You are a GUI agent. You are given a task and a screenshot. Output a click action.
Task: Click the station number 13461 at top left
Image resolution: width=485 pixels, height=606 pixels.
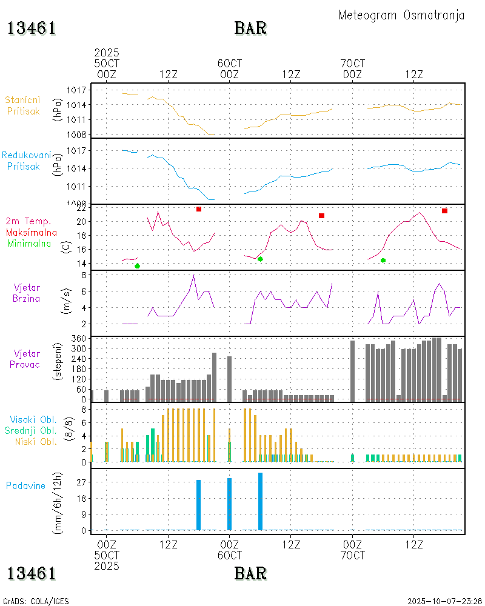click(32, 28)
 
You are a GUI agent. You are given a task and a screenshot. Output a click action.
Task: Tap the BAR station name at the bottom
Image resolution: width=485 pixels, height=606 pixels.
click(250, 573)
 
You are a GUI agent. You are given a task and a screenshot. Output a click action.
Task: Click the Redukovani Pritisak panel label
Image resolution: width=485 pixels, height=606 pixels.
click(26, 160)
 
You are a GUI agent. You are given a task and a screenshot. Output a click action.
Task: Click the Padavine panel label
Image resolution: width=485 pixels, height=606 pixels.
click(26, 485)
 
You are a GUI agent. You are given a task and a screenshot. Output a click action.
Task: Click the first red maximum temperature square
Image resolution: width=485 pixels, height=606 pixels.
click(198, 209)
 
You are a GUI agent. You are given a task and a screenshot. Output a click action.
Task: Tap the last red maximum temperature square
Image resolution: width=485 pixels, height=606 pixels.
click(444, 211)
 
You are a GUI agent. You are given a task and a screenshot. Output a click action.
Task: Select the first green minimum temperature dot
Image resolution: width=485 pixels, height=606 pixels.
click(137, 266)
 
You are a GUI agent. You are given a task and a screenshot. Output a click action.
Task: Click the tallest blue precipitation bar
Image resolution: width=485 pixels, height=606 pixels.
click(260, 501)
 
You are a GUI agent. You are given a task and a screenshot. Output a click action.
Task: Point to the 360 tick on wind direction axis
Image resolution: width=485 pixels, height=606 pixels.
click(79, 338)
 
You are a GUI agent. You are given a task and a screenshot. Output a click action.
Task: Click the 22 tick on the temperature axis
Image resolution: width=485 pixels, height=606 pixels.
click(80, 208)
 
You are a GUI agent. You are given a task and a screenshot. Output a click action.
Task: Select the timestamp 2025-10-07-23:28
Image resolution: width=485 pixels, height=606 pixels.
click(444, 601)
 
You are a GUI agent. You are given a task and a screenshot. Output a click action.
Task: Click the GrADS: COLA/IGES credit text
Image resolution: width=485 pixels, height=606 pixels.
click(36, 601)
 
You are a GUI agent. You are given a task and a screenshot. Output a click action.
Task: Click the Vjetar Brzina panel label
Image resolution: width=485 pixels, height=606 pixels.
click(27, 292)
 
